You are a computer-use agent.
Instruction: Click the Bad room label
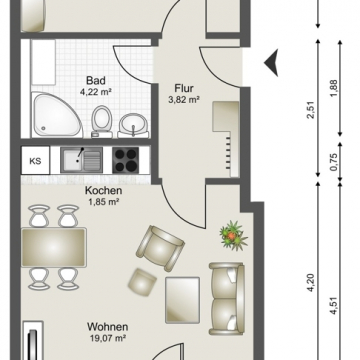click(96, 81)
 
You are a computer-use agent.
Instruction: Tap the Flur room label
click(184, 88)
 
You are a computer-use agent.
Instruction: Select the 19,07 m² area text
click(108, 339)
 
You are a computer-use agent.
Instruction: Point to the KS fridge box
click(35, 160)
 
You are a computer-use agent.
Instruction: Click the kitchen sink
click(81, 160)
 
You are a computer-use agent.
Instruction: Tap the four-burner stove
click(125, 160)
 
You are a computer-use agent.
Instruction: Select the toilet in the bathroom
click(102, 121)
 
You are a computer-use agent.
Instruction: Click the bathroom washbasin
click(133, 125)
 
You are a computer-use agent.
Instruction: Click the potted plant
click(233, 236)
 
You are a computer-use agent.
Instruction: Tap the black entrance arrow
click(271, 63)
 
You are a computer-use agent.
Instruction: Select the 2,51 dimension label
click(312, 113)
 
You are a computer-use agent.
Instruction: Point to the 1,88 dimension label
click(334, 88)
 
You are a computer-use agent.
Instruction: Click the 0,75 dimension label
click(334, 162)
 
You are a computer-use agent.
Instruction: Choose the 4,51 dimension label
click(333, 306)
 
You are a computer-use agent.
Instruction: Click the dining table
click(54, 247)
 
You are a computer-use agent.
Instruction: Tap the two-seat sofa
click(227, 299)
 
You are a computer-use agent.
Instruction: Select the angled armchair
click(160, 247)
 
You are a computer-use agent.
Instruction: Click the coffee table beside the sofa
click(183, 300)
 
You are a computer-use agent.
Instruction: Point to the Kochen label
click(103, 191)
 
